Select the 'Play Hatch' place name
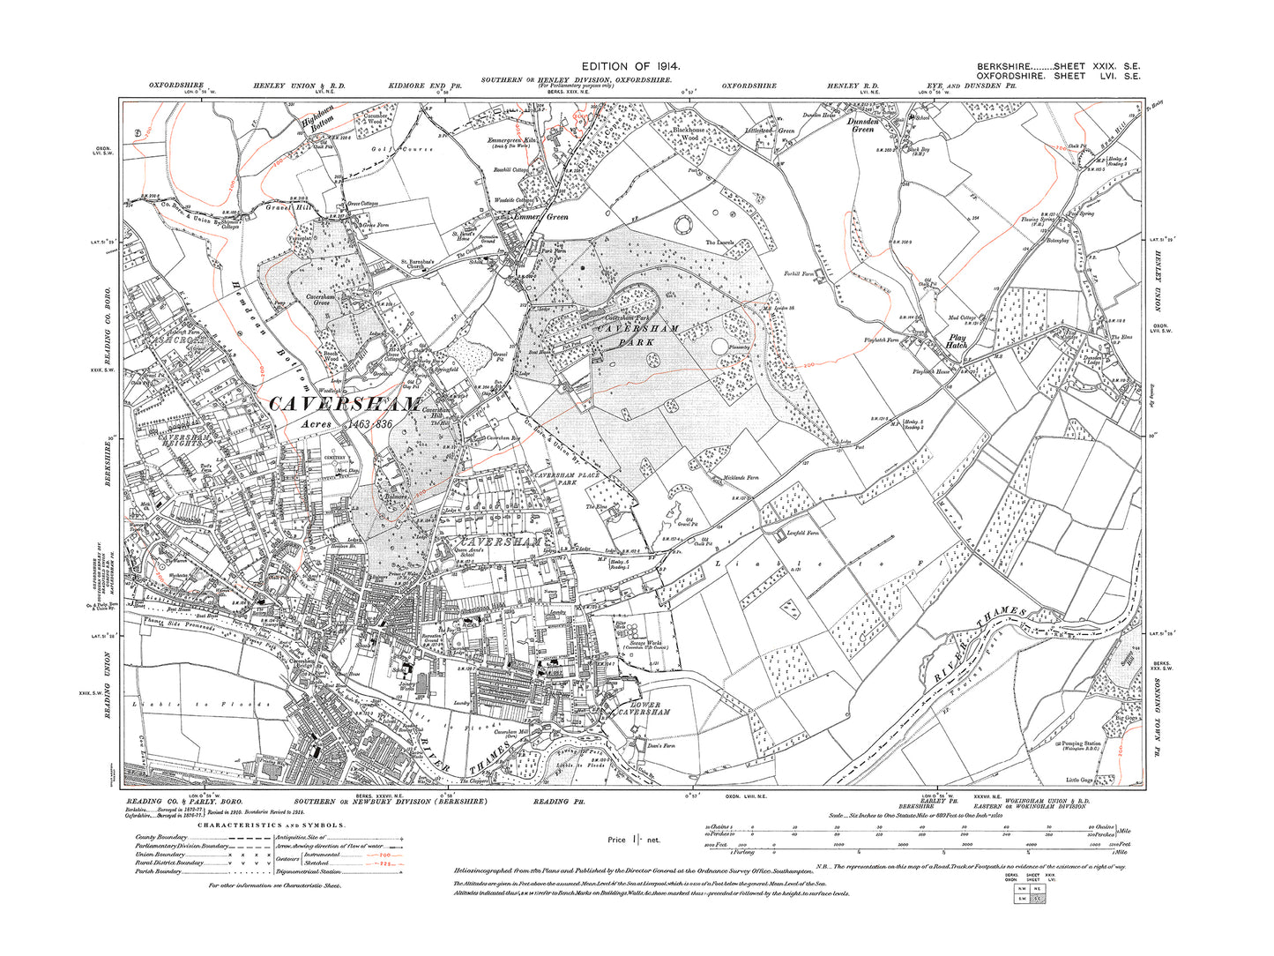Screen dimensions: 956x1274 pos(957,341)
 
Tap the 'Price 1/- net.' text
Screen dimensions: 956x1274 pos(633,840)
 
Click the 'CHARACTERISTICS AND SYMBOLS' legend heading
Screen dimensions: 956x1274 pos(272,825)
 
